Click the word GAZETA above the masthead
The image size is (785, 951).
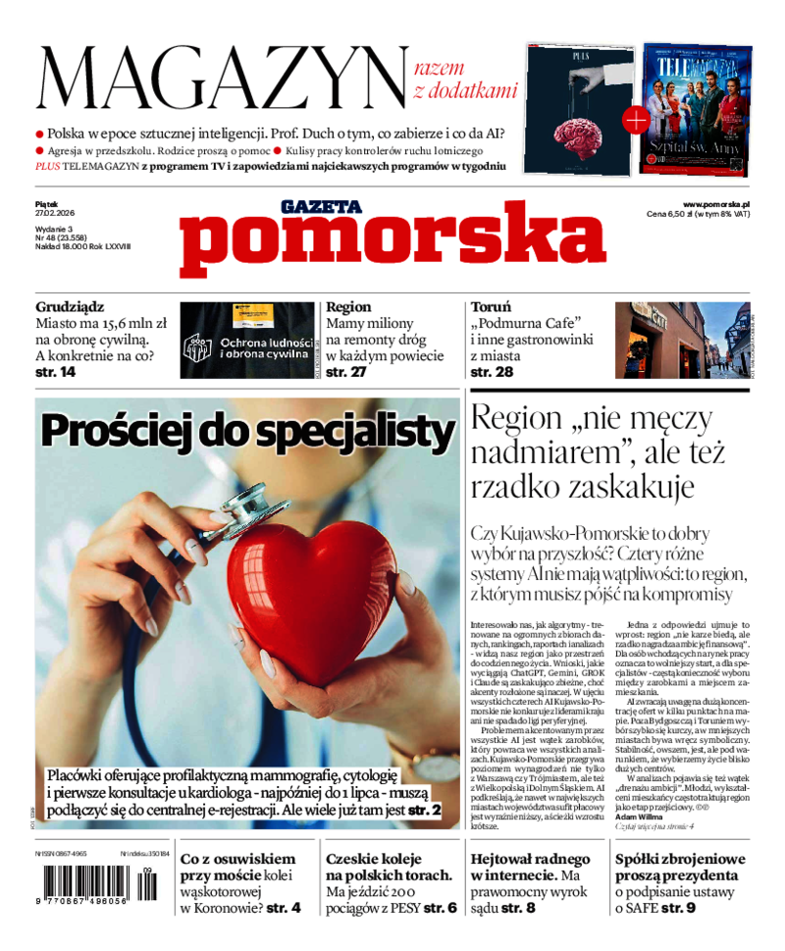pyautogui.click(x=321, y=207)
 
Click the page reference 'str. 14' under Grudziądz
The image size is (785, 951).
pyautogui.click(x=55, y=373)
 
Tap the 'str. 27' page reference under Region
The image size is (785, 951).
pyautogui.click(x=345, y=373)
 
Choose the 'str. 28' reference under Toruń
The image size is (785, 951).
pyautogui.click(x=492, y=373)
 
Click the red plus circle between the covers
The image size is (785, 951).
pyautogui.click(x=635, y=121)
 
